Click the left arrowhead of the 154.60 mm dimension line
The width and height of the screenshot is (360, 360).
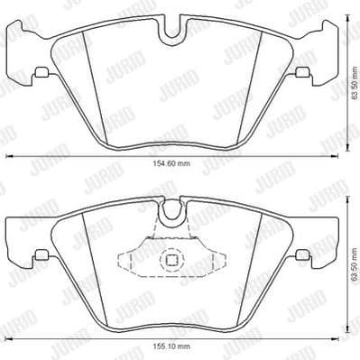[x=9, y=155]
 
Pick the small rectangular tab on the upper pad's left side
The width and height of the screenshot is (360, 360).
[x=42, y=72]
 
